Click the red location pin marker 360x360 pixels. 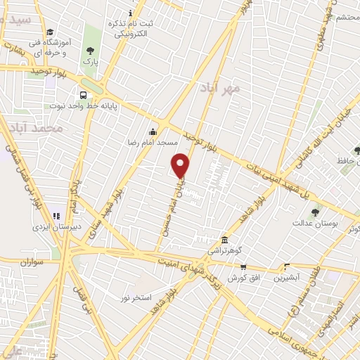181,165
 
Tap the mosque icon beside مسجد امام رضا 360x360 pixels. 153,131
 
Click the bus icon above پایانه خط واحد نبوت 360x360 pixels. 84,94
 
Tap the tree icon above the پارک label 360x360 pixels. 89,50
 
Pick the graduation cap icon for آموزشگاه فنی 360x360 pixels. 49,32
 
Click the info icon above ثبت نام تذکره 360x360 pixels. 129,13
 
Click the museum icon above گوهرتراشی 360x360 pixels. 224,239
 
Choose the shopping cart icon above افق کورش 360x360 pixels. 243,266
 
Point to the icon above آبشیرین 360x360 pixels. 285,266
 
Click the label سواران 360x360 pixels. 32,262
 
